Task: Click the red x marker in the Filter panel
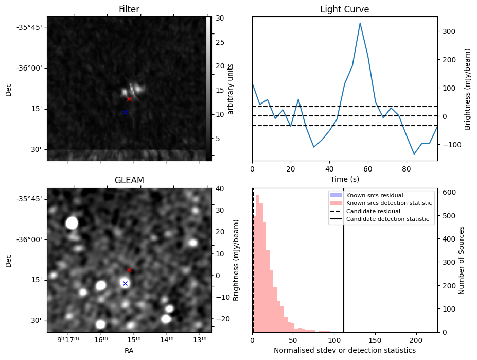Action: pyautogui.click(x=129, y=99)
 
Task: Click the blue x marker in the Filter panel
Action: pyautogui.click(x=125, y=112)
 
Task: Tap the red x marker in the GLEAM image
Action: pyautogui.click(x=129, y=270)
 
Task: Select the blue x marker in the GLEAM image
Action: pyautogui.click(x=125, y=283)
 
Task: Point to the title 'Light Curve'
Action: pyautogui.click(x=344, y=9)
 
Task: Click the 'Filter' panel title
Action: pyautogui.click(x=129, y=9)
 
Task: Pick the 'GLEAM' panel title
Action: pyautogui.click(x=129, y=180)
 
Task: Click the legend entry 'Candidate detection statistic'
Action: pyautogui.click(x=387, y=219)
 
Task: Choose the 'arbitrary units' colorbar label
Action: pyautogui.click(x=231, y=89)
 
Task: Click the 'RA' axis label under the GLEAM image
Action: pyautogui.click(x=129, y=351)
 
